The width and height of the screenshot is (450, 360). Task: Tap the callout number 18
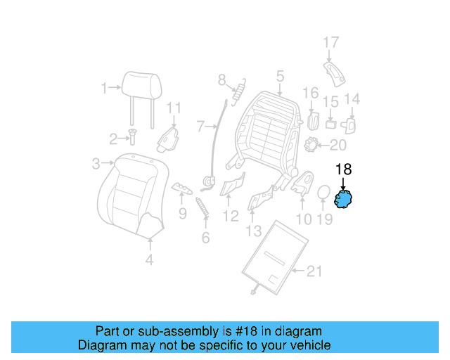343,169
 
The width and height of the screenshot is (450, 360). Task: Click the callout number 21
316,271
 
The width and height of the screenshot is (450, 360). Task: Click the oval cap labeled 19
324,195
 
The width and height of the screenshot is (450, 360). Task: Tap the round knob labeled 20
312,146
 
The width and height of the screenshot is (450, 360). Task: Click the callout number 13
253,231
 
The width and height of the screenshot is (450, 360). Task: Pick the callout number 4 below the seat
150,261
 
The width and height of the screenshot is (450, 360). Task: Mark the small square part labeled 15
330,124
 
